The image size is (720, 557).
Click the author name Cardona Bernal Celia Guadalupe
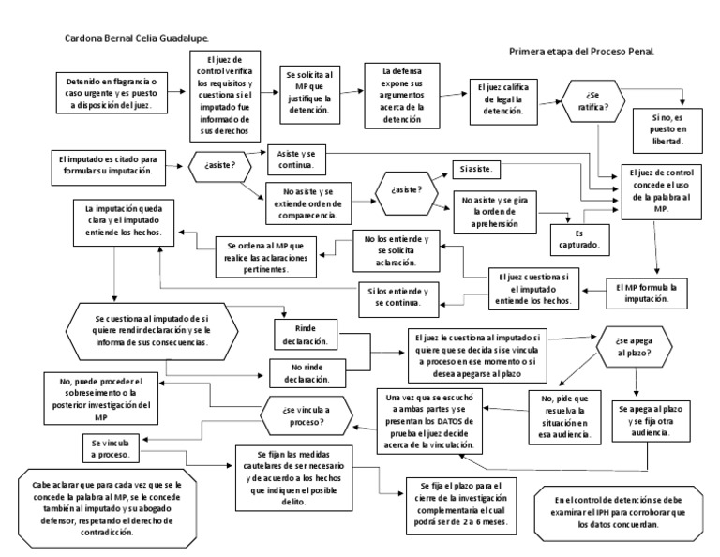pyautogui.click(x=136, y=38)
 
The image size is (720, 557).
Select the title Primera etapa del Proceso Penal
pyautogui.click(x=580, y=53)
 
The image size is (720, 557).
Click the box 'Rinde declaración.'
pyautogui.click(x=307, y=335)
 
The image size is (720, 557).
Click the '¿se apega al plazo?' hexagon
pyautogui.click(x=634, y=348)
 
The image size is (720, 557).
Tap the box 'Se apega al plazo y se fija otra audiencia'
pyautogui.click(x=651, y=426)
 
